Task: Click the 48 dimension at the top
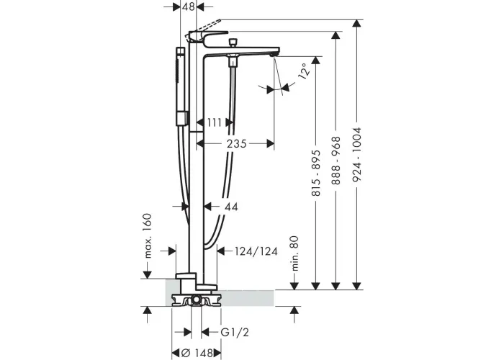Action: click(189, 6)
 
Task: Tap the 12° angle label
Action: click(305, 71)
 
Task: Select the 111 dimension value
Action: click(215, 122)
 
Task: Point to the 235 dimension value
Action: click(237, 143)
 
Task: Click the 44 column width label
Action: click(231, 207)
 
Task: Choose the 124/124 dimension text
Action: click(256, 251)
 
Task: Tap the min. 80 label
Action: click(294, 253)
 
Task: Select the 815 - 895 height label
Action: click(316, 173)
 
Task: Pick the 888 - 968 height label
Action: click(336, 161)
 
